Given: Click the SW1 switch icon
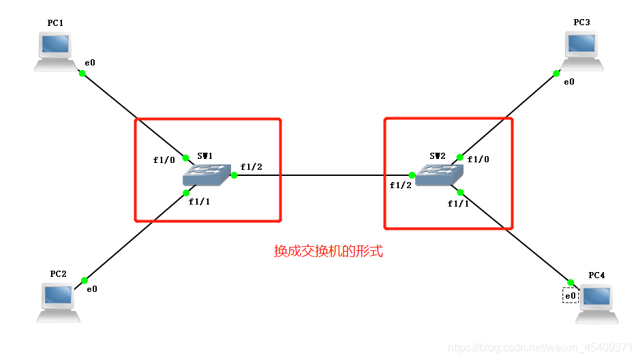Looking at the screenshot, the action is [207, 175].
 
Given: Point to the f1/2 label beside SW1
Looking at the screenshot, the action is [251, 167].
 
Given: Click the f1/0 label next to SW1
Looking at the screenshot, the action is [164, 161].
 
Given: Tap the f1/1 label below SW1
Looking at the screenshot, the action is [199, 202].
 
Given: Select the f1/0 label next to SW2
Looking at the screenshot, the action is [478, 160].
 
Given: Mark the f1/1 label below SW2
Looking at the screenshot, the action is [458, 203].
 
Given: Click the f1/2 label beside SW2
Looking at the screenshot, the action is [401, 185].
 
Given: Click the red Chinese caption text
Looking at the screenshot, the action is [329, 251].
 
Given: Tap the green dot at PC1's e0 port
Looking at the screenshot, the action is [82, 73].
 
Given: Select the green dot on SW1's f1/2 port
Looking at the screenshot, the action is [234, 175].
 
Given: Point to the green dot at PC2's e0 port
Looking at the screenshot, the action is [85, 280].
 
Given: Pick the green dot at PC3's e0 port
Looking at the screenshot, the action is [556, 73].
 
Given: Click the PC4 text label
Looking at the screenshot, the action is [596, 275].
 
